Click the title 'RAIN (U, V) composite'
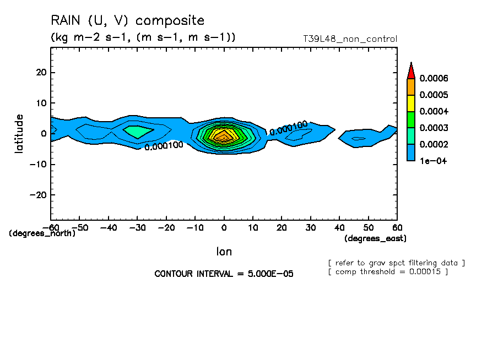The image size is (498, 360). click(127, 21)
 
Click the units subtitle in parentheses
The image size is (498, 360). click(143, 37)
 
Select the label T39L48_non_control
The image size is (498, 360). click(350, 39)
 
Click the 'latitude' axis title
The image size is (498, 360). click(19, 134)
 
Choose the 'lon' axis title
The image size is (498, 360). click(224, 252)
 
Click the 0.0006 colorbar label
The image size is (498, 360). click(434, 78)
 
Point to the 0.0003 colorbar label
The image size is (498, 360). click(434, 128)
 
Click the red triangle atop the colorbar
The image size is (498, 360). click(410, 71)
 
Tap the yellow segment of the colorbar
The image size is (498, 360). click(410, 103)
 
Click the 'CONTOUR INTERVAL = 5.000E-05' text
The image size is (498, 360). click(224, 274)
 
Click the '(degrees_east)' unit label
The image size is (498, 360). click(375, 238)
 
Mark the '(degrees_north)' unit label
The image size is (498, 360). click(42, 233)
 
